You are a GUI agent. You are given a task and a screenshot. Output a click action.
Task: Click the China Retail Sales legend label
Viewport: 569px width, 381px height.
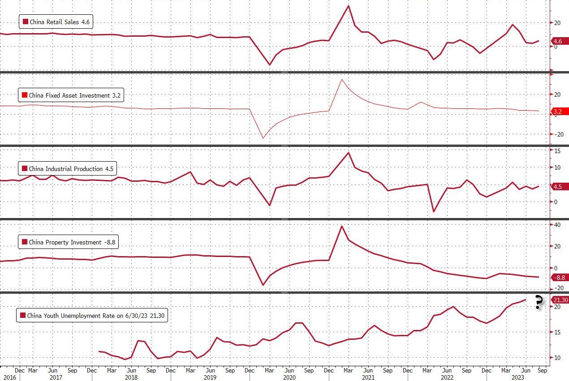[56, 22]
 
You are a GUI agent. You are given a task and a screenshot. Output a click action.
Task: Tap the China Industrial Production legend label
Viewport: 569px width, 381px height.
[67, 169]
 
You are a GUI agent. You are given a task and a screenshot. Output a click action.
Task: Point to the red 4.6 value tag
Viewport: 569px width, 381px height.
[557, 41]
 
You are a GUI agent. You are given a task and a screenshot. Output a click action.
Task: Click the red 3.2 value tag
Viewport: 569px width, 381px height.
[557, 111]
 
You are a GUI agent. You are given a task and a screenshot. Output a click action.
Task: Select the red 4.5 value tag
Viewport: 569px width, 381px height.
[557, 187]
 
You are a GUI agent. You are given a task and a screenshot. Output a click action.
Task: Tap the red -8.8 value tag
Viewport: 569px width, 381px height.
[560, 278]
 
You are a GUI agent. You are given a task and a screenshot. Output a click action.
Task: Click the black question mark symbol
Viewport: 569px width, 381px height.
[539, 303]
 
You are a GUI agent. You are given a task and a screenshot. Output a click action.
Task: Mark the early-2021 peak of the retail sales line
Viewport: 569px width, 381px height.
[349, 6]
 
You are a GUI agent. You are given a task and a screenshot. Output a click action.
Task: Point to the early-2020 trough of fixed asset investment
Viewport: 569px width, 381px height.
[263, 137]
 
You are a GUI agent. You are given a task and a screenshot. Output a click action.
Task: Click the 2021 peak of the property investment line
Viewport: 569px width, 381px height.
[342, 226]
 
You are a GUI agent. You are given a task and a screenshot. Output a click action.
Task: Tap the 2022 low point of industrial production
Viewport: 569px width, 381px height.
[434, 211]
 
